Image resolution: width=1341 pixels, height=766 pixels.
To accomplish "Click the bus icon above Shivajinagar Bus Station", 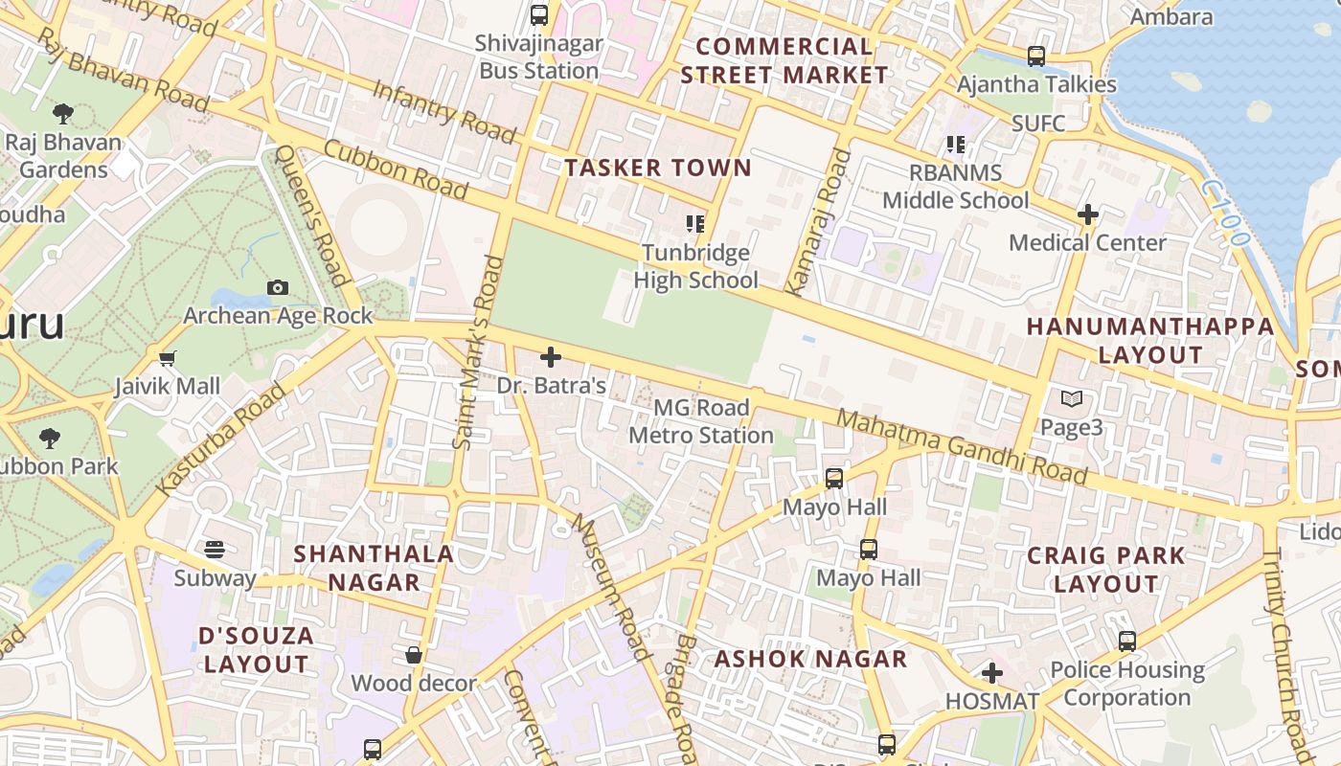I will pyautogui.click(x=539, y=15).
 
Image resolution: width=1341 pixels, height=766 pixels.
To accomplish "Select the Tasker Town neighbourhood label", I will pyautogui.click(x=657, y=169).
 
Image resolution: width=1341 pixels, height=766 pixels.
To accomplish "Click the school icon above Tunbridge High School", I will pyautogui.click(x=695, y=224).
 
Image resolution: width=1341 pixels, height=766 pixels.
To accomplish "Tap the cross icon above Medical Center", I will pyautogui.click(x=1087, y=214).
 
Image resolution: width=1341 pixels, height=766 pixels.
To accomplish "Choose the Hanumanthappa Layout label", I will pyautogui.click(x=1149, y=340).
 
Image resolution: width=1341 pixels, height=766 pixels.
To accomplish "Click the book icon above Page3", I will pyautogui.click(x=1072, y=398).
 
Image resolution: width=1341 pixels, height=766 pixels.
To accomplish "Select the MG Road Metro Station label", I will pyautogui.click(x=701, y=421).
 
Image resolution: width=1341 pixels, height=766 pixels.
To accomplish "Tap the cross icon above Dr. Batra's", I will pyautogui.click(x=551, y=357).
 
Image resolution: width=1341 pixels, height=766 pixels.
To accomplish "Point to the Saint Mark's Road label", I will pyautogui.click(x=477, y=352).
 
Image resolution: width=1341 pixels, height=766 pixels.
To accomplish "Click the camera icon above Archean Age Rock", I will pyautogui.click(x=278, y=287).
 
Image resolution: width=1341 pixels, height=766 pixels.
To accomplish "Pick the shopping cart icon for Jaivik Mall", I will pyautogui.click(x=168, y=359).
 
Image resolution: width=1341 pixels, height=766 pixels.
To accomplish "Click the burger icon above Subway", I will pyautogui.click(x=215, y=550).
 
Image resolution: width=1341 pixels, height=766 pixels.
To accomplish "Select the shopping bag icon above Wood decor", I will pyautogui.click(x=414, y=655).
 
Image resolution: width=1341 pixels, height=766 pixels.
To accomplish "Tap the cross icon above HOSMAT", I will pyautogui.click(x=992, y=673).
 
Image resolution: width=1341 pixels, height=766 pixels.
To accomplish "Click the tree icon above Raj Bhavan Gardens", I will pyautogui.click(x=63, y=115).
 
